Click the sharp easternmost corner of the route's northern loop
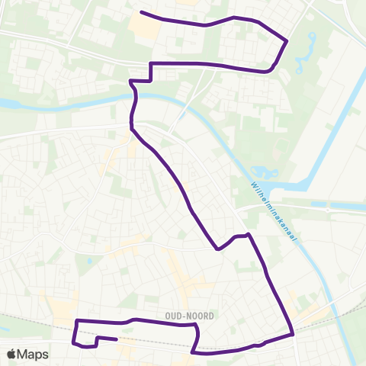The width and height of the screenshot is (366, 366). pyautogui.click(x=287, y=40)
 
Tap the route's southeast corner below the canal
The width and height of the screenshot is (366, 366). pyautogui.click(x=293, y=333)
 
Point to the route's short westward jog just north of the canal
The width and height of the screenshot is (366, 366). pyautogui.click(x=133, y=80)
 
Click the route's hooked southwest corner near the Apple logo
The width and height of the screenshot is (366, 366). pyautogui.click(x=75, y=342)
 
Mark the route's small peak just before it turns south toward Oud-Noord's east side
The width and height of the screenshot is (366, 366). pyautogui.click(x=248, y=234)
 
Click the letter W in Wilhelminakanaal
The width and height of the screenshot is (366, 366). pyautogui.click(x=252, y=185)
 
